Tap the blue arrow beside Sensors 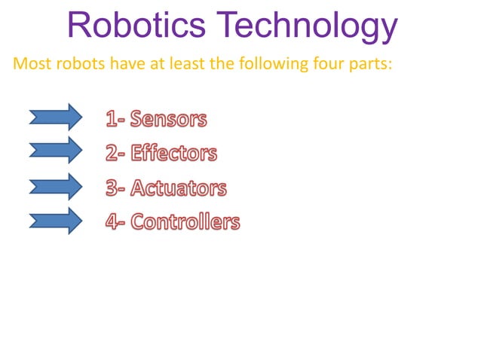pos(55,117)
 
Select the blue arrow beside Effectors pos(55,150)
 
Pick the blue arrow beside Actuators pos(55,186)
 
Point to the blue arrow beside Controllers pos(55,221)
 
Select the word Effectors pos(173,154)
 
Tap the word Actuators pos(178,188)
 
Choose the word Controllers pos(185,222)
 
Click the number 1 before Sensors pos(110,119)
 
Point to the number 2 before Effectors pos(112,154)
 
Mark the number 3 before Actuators pos(112,188)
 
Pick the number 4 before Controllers pos(112,222)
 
